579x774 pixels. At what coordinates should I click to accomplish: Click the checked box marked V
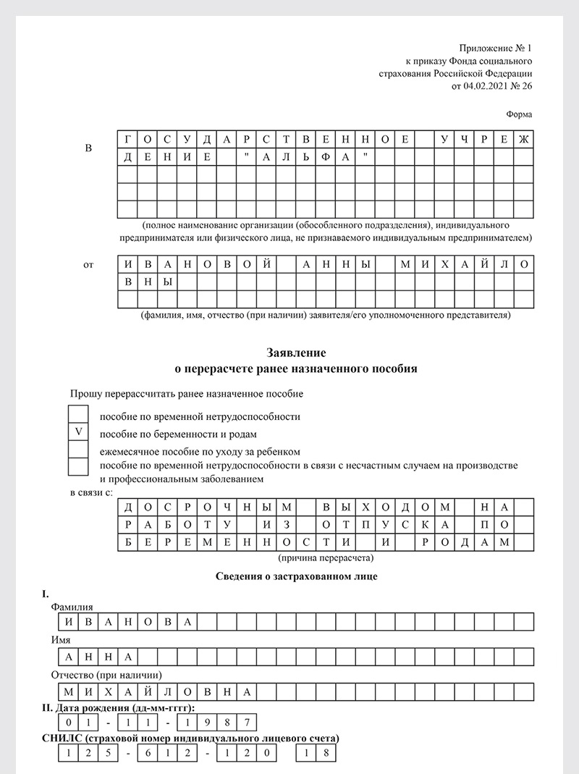click(x=78, y=432)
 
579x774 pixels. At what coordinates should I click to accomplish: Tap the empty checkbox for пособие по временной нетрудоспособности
click(x=78, y=414)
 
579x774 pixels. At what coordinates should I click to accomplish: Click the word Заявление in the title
click(x=297, y=353)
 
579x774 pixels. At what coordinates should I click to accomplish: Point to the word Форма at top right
click(x=519, y=114)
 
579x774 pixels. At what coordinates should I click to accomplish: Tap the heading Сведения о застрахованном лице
click(x=297, y=576)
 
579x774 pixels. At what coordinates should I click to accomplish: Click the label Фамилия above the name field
click(x=72, y=607)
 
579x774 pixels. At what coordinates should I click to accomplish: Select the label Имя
click(x=60, y=641)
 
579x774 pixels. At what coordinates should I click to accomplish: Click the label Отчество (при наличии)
click(x=101, y=676)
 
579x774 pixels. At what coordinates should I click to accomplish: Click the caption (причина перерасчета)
click(x=326, y=559)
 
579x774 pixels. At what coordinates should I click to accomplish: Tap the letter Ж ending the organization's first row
click(x=524, y=139)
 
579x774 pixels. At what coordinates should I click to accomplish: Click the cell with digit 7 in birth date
click(x=248, y=723)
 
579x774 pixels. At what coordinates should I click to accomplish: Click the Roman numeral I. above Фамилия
click(x=46, y=594)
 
